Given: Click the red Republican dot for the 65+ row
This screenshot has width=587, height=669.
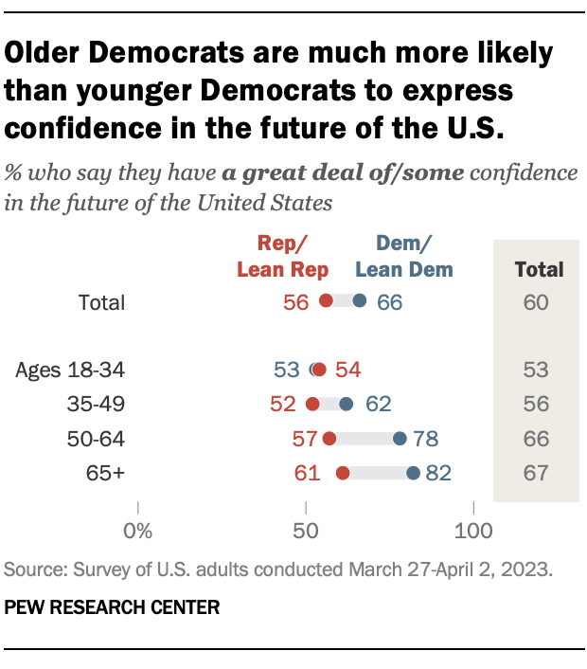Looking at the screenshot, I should (x=343, y=473).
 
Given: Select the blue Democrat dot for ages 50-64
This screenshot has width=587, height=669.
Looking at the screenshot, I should (x=400, y=439).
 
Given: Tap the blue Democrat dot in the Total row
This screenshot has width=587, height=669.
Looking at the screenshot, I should (x=360, y=301).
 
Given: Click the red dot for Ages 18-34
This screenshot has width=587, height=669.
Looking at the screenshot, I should (x=319, y=370).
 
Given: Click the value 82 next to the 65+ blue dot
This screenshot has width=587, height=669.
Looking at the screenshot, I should (x=437, y=473).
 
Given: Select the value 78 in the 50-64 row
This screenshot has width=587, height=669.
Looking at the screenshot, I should (x=424, y=439).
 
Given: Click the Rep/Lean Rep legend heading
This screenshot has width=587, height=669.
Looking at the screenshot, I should (x=282, y=258).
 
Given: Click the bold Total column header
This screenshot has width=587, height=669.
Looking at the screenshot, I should (x=538, y=269).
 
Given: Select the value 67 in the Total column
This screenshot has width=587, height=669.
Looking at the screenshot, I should (x=536, y=473).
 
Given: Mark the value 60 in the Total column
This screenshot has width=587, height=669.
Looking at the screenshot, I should (x=536, y=302).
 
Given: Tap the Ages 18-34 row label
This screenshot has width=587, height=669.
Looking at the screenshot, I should (x=71, y=370).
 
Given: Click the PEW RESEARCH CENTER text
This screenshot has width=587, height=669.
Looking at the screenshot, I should (x=112, y=607).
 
